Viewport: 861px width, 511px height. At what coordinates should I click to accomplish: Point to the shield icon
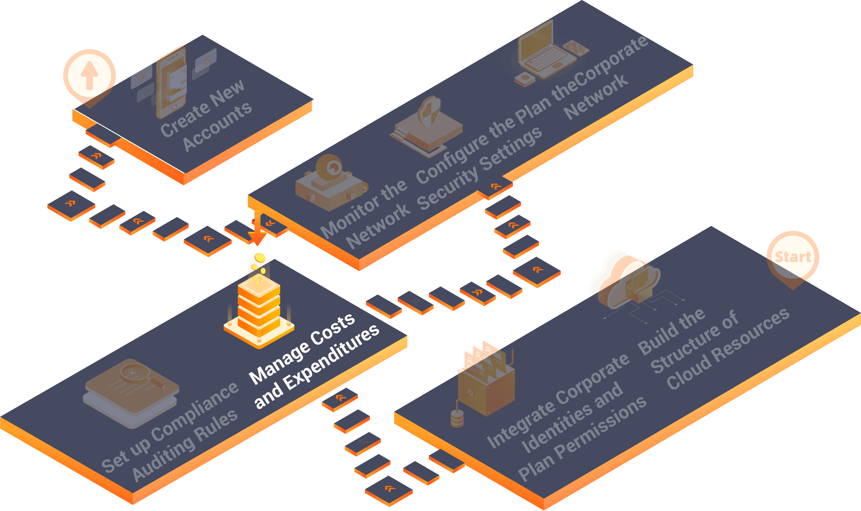(x=429, y=111)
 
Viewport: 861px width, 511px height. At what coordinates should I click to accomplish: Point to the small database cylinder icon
(x=457, y=418)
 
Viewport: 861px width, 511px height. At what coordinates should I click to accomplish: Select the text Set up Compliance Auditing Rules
(x=170, y=432)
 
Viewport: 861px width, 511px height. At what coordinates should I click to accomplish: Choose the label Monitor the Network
(x=365, y=214)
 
